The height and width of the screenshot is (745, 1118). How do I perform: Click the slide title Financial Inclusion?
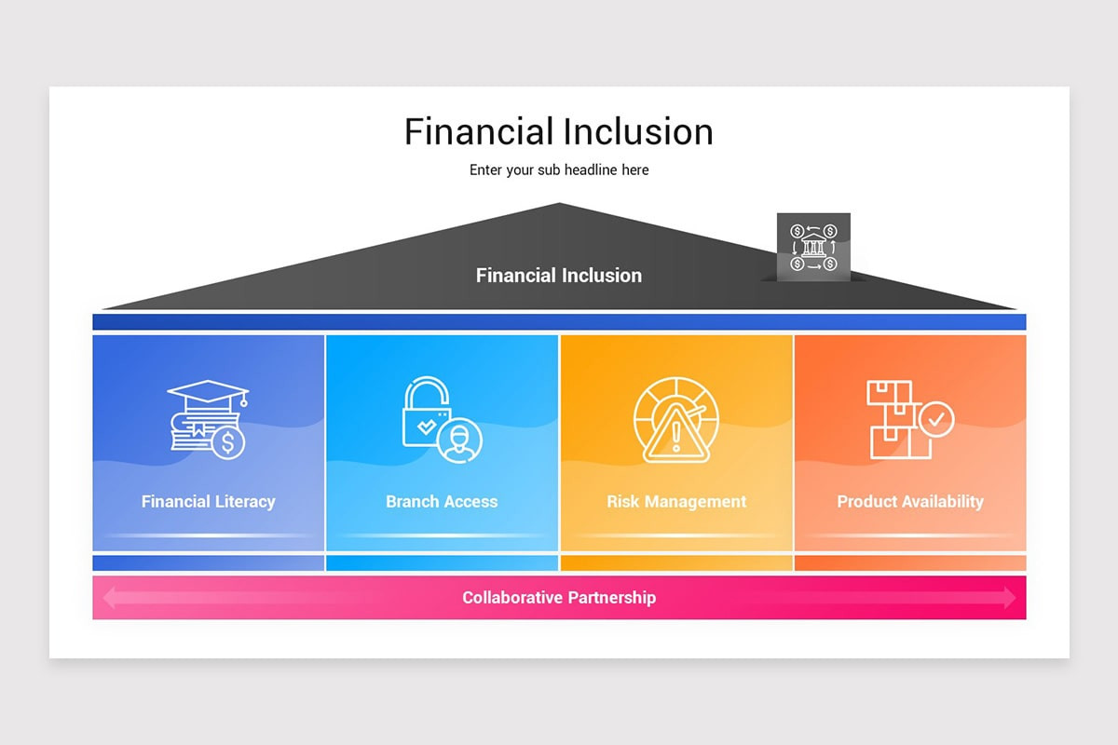pos(558,131)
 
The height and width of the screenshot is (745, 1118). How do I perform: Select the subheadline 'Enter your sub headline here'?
pos(558,170)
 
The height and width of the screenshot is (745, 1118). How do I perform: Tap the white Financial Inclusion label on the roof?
pos(558,276)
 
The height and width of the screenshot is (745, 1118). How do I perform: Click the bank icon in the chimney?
pos(813,248)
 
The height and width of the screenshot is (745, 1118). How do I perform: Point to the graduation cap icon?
pos(208,394)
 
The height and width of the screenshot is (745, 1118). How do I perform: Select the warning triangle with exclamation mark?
pos(676,435)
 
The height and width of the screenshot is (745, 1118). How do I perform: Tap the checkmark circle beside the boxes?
pos(935,420)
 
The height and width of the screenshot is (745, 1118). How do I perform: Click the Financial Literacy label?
pos(208,501)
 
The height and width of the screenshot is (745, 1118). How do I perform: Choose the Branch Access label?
pos(442,501)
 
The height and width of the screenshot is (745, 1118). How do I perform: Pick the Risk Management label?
pos(676,501)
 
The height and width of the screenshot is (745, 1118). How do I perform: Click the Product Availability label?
pos(910,501)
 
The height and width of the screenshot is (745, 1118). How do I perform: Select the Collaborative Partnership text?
pos(558,598)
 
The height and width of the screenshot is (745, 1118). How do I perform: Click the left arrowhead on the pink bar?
pos(111,598)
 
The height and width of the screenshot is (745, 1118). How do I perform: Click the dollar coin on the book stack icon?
pos(227,442)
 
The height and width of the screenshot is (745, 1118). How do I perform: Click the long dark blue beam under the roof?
pos(559,322)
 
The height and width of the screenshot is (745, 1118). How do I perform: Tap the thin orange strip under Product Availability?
pos(910,563)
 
